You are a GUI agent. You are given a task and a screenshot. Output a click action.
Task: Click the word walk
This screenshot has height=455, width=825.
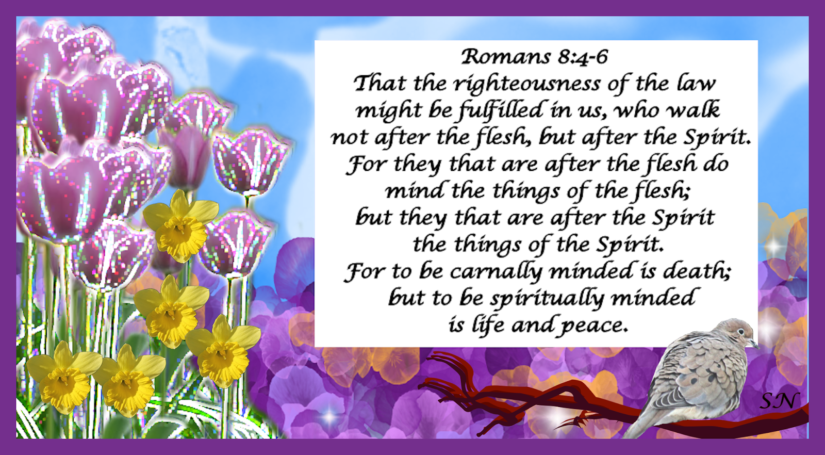[693, 110]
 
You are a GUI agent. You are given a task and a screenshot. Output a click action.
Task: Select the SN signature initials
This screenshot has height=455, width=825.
[779, 401]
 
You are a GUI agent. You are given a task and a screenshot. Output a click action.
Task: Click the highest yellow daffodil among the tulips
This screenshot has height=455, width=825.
[180, 225]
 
